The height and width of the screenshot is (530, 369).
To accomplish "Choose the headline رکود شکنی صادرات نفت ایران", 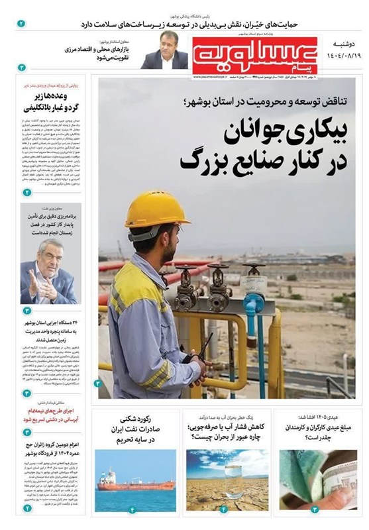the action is click(x=136, y=429).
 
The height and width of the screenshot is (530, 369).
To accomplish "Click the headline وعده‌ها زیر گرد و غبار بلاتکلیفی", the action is click(x=52, y=101).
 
